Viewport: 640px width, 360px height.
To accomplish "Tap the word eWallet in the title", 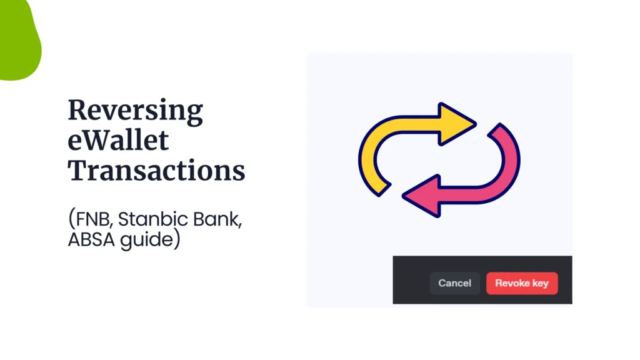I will (118, 141).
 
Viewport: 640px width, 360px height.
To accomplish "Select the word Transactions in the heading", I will (156, 170).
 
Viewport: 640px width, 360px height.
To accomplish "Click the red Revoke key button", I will (522, 283).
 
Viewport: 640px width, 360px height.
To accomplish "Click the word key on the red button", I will (540, 283).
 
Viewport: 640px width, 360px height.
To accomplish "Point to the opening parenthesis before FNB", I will (71, 219).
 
